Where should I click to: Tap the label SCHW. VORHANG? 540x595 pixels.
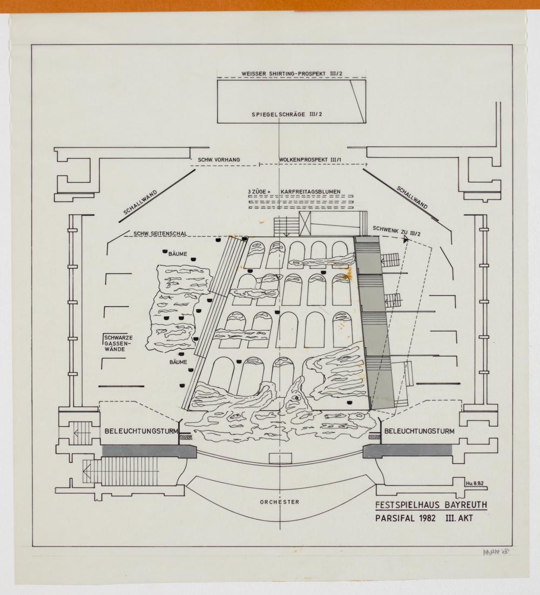tap(219, 161)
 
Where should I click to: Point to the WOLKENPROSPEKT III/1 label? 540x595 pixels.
tap(311, 161)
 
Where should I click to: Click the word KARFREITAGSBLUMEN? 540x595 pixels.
tap(313, 192)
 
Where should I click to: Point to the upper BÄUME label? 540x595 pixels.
tap(178, 253)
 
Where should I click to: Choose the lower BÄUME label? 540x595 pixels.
tap(179, 361)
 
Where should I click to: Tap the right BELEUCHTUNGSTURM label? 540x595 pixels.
tap(418, 431)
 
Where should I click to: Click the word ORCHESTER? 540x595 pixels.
tap(279, 502)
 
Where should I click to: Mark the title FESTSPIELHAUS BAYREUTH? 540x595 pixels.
tap(431, 506)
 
